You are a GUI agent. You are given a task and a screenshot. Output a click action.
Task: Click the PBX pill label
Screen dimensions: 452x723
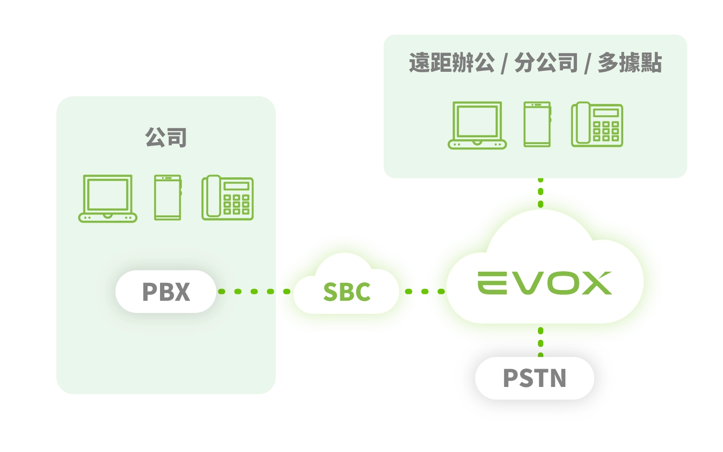point(166,292)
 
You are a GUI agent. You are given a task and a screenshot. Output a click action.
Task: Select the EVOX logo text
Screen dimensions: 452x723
point(545,283)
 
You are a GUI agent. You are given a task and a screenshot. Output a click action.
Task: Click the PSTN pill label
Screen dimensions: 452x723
point(535,378)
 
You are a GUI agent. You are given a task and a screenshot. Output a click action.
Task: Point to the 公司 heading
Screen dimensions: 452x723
point(166,137)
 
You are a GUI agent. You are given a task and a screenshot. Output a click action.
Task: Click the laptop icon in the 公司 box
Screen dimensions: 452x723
point(107,198)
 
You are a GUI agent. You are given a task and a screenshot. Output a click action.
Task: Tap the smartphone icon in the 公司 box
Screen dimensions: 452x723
point(168,198)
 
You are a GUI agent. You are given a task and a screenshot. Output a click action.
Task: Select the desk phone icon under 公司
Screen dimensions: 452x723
point(228,198)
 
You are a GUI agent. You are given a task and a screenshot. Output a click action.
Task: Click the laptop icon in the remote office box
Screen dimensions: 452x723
point(477,125)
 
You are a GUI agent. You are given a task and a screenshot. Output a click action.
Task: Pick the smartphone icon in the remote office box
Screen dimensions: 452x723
point(537,124)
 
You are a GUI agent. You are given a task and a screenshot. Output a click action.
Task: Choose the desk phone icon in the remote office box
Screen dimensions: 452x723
point(597,124)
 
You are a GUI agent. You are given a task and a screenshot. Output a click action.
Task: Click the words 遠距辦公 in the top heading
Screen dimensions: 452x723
point(452,63)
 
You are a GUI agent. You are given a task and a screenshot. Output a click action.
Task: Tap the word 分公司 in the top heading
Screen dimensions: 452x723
point(546,63)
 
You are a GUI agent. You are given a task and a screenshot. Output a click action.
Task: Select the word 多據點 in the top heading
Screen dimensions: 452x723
point(629,63)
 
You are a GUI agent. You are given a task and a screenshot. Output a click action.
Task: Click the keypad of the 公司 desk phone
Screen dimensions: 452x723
point(236,204)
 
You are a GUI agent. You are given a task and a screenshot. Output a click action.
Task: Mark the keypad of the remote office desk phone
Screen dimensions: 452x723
point(606,131)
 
